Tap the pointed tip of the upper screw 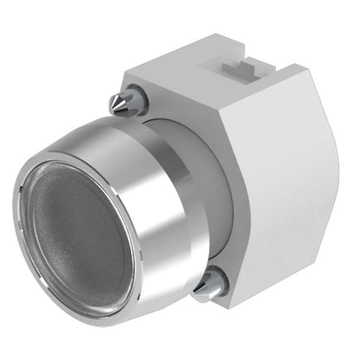[x=112, y=106]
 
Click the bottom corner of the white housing [x=231, y=306]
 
